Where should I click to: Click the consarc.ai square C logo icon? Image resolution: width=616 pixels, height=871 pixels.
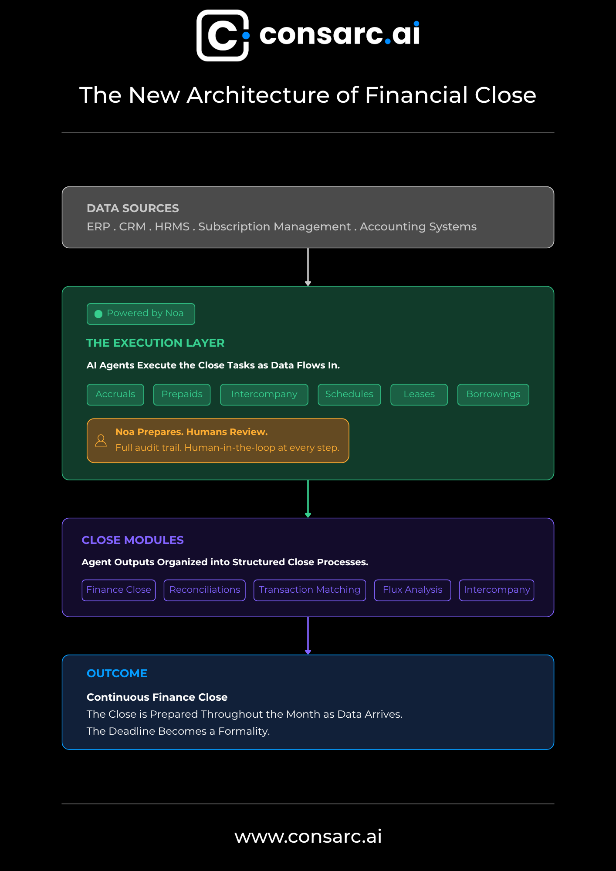(223, 35)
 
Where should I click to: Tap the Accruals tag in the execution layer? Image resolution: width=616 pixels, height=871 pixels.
(115, 395)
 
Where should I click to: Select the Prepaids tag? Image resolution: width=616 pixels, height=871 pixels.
(182, 395)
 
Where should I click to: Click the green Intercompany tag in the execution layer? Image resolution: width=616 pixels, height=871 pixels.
(264, 395)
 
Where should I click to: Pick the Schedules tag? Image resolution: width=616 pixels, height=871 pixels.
(349, 395)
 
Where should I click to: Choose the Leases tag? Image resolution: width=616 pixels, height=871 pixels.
(419, 395)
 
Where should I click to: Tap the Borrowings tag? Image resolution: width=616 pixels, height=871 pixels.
(493, 395)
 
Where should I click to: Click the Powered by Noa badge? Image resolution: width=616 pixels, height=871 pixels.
(141, 314)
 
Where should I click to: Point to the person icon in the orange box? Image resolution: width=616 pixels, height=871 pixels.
(101, 441)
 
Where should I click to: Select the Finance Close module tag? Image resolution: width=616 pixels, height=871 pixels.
(118, 590)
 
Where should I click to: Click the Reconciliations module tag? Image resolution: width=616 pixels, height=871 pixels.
(205, 590)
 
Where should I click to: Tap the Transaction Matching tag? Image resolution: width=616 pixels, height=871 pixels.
(310, 590)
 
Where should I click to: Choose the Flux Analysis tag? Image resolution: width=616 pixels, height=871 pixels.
(413, 590)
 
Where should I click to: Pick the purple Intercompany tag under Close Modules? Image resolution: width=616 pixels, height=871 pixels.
(497, 590)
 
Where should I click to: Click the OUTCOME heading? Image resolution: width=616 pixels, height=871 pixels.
(117, 673)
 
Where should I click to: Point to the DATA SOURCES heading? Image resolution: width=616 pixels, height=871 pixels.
(133, 208)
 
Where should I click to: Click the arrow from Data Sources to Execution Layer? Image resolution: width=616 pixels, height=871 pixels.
(308, 267)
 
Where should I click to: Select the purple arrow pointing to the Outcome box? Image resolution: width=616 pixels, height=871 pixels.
(308, 636)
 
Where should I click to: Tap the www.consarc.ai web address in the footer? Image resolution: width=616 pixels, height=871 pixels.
(308, 836)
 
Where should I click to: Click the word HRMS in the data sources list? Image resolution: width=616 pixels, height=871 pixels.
(172, 226)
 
